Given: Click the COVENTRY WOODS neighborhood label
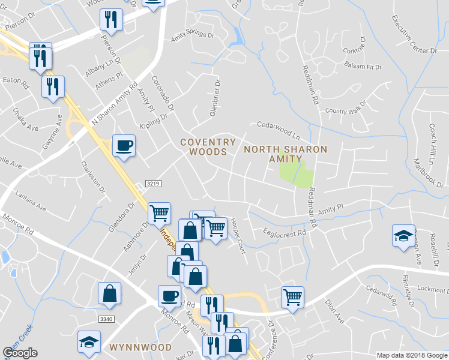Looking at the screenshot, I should pos(208,147).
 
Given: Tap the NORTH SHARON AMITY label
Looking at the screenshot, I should pos(286,154).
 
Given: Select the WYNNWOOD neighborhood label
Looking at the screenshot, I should pos(140,347).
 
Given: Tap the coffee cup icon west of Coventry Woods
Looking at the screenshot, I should pos(124,146).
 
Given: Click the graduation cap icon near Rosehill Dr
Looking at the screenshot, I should pos(403,235).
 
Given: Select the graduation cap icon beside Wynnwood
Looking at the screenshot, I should pos(89,342).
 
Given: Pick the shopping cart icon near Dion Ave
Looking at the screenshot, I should pos(292,296).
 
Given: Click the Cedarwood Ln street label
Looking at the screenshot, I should pos(278,127).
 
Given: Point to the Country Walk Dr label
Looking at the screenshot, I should pos(345,111).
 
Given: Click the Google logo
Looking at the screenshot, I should pos(20,353).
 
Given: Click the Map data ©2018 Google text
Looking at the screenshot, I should pos(412,355).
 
